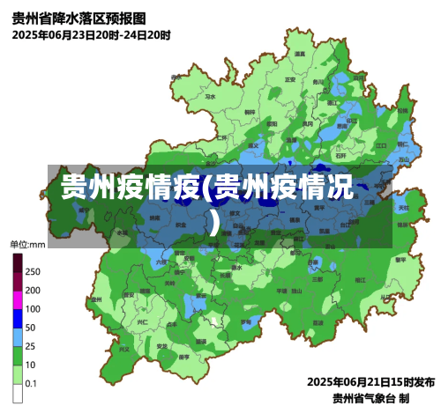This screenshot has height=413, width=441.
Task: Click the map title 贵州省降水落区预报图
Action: [79, 18]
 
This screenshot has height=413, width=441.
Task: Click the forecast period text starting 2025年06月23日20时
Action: [91, 35]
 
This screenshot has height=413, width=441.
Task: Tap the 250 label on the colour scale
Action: [33, 271]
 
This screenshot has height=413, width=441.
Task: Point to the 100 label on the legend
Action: [33, 309]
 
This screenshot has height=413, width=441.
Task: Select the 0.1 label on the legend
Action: [31, 383]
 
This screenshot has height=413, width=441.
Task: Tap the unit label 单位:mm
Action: [27, 244]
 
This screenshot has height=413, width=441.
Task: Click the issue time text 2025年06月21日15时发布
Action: [370, 382]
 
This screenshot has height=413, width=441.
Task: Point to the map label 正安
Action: [289, 79]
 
